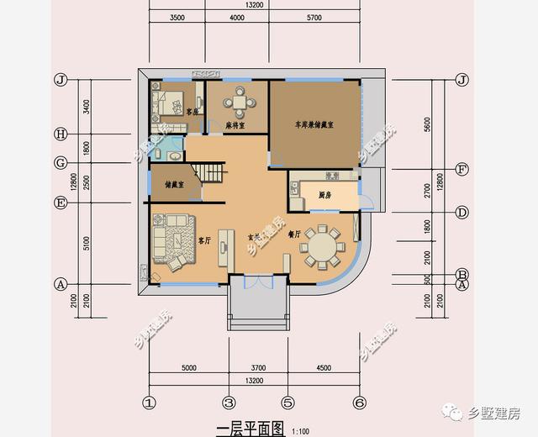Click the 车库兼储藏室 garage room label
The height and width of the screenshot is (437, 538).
tap(314, 124)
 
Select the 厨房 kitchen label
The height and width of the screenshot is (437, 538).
tap(324, 195)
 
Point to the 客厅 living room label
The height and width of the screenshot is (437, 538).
tap(203, 240)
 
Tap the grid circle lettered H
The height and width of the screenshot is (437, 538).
tap(60, 134)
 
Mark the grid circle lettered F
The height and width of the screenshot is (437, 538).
tap(461, 168)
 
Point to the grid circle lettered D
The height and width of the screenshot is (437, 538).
tap(461, 212)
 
